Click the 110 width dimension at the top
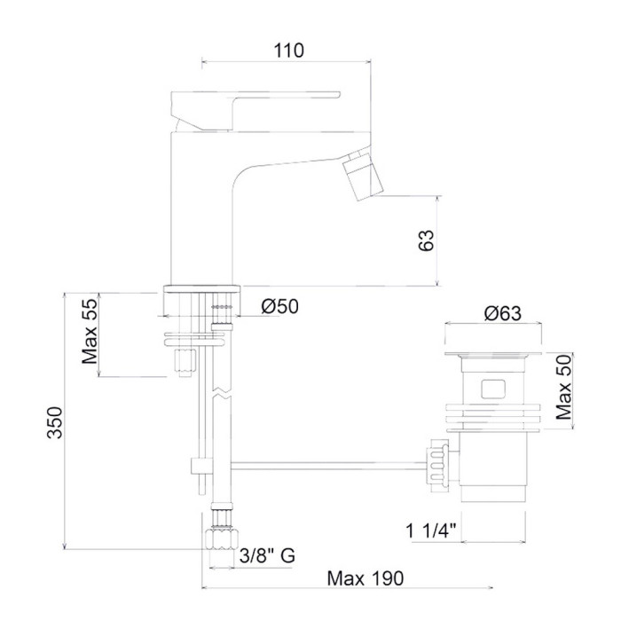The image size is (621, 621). (288, 51)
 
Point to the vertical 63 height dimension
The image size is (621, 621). (426, 240)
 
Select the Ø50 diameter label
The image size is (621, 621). (279, 306)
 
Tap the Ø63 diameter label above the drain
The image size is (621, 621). (503, 313)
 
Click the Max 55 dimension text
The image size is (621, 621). (90, 332)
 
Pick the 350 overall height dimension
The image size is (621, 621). (55, 422)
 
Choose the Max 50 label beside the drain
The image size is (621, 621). (564, 388)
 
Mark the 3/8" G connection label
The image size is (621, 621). (267, 555)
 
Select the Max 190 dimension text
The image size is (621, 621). (366, 578)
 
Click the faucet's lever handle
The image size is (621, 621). (255, 111)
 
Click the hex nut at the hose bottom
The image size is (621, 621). (222, 538)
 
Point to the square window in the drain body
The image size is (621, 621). (493, 389)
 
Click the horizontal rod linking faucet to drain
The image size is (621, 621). (328, 466)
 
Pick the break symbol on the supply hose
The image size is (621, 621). (222, 391)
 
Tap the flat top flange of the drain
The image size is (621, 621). (493, 354)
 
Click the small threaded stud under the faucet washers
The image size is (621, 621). (185, 363)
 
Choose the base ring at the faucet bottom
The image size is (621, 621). (202, 288)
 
